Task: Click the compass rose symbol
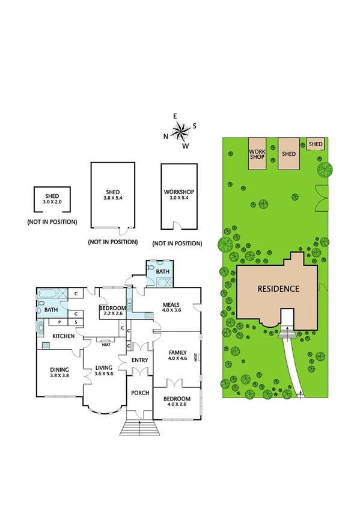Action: tap(180, 131)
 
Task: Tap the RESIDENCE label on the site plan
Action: tap(278, 289)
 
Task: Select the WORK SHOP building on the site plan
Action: tap(257, 153)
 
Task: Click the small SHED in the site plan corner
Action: tap(316, 144)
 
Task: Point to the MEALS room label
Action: tap(171, 307)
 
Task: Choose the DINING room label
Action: tap(59, 373)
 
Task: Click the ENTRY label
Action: tap(139, 360)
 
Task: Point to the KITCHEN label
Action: tap(63, 336)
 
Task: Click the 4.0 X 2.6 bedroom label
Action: tap(176, 402)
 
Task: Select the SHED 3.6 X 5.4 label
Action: tap(113, 195)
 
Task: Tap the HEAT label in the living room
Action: tap(106, 345)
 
